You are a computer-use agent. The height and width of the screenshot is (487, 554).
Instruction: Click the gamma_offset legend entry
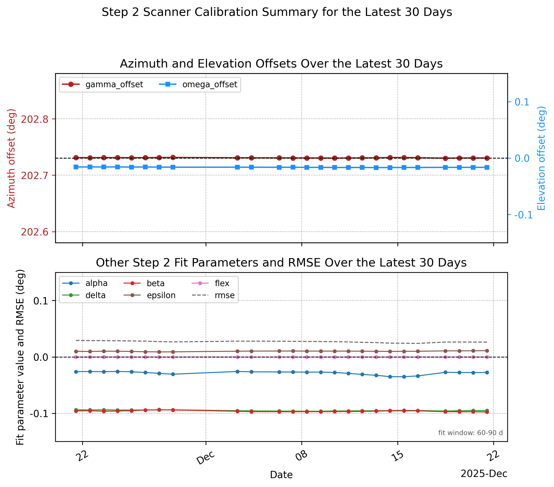tap(102, 85)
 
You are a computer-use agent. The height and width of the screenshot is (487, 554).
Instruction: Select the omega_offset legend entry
tap(198, 85)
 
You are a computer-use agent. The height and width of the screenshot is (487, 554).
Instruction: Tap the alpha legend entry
tap(85, 283)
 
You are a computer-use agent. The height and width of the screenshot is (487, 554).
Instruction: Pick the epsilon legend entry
tap(150, 295)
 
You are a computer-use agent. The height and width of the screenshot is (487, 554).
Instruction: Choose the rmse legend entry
tap(213, 295)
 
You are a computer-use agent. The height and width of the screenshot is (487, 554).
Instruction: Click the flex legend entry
tap(211, 283)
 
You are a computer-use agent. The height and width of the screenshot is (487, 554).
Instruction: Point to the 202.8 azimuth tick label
tap(35, 119)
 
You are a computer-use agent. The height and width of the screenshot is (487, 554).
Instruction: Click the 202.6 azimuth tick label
tap(35, 232)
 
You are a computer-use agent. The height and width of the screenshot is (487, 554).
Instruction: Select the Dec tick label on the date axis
tap(206, 458)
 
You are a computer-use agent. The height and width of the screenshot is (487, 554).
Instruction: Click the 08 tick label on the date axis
tap(302, 456)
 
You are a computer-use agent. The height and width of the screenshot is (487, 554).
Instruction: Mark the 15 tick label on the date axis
tap(398, 456)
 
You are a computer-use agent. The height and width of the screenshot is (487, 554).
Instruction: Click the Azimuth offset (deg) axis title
tap(11, 158)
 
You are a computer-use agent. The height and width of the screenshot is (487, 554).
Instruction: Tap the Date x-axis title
tap(281, 475)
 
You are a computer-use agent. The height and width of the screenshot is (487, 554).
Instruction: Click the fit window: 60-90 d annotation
tap(471, 433)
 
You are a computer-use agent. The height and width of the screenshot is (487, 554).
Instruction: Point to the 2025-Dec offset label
tap(484, 474)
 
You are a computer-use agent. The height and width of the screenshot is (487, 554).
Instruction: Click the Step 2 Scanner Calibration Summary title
tap(277, 12)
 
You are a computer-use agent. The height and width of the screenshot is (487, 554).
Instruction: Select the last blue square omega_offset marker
tap(487, 167)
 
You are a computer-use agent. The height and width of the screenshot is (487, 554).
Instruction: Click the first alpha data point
tap(76, 372)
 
